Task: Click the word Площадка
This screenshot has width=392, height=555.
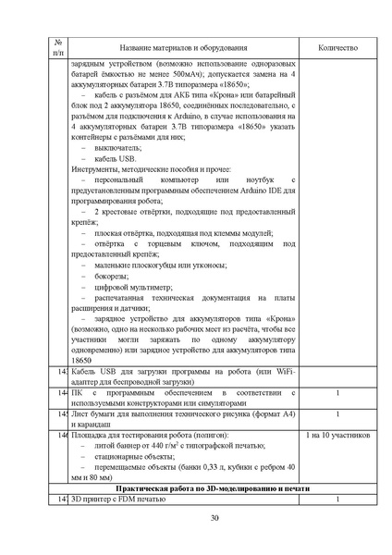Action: (x=90, y=434)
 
